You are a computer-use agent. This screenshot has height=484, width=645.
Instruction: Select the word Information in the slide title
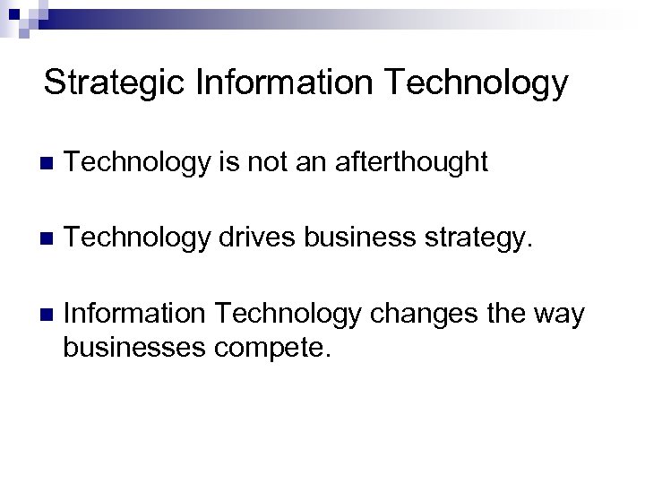(x=282, y=83)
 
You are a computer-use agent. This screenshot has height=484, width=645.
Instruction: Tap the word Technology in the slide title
(x=477, y=83)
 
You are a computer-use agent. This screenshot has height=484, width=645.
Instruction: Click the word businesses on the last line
(x=132, y=346)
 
